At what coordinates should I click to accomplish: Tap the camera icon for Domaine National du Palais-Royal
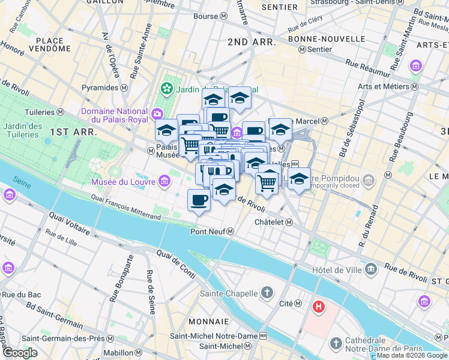point(157,112)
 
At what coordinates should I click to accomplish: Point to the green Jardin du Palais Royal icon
point(166,89)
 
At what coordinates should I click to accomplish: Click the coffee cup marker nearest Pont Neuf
point(199,200)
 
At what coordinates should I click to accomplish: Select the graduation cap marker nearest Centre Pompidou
point(299,178)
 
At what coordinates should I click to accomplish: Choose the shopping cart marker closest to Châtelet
point(268,181)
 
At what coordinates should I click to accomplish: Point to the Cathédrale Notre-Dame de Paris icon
point(336,344)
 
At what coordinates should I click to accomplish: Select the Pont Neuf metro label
point(212,232)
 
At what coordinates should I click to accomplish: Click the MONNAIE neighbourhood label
point(208,322)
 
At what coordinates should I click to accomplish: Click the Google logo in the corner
point(20,353)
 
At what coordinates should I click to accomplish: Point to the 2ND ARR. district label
point(252,43)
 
